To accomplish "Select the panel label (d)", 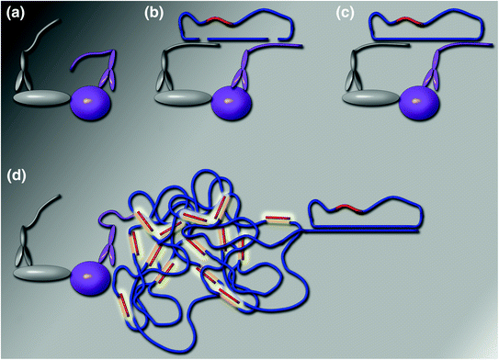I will pos(17,173).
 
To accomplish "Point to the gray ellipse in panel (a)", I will pos(41,96).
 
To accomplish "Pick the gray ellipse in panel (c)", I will pos(370,96).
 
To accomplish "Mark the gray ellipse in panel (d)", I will pos(41,272).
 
